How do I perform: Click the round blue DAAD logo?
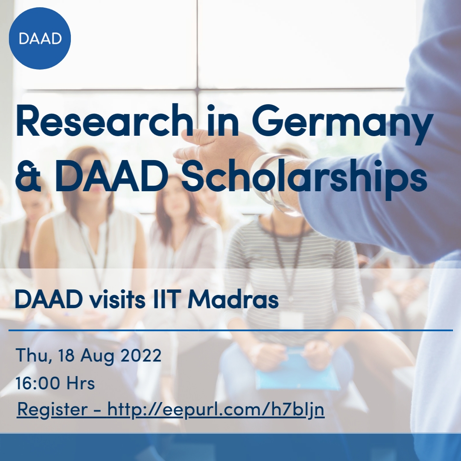coord(40,38)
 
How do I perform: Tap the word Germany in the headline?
coord(342,123)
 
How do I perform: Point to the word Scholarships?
coord(304,179)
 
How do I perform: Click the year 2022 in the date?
coord(141,355)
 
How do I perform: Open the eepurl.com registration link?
coord(216,409)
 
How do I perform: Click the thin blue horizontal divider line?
coord(230,330)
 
